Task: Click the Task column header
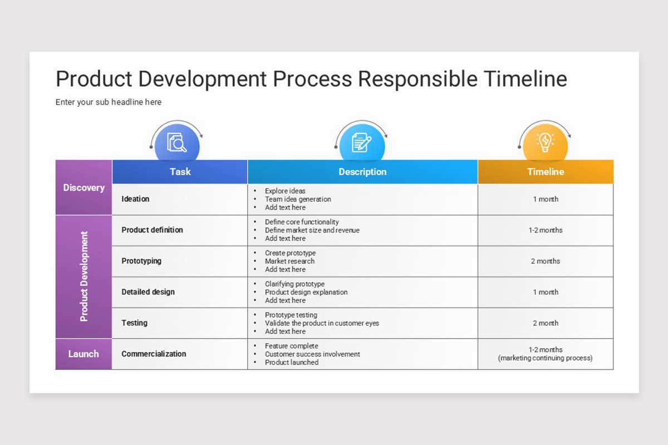180,172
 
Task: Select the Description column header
362,172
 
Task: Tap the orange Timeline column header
546,172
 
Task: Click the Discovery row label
83,187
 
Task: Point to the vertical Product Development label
84,276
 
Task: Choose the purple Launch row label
83,354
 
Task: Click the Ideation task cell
135,199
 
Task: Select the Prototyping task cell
143,261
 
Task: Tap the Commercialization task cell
154,354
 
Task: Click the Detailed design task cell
148,292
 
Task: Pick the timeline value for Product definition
546,230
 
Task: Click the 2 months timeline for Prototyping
546,261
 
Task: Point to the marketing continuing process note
546,358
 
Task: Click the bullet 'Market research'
289,261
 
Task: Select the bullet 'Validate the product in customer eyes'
322,323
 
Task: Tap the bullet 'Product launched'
292,362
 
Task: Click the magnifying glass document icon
177,143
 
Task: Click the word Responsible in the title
417,79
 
